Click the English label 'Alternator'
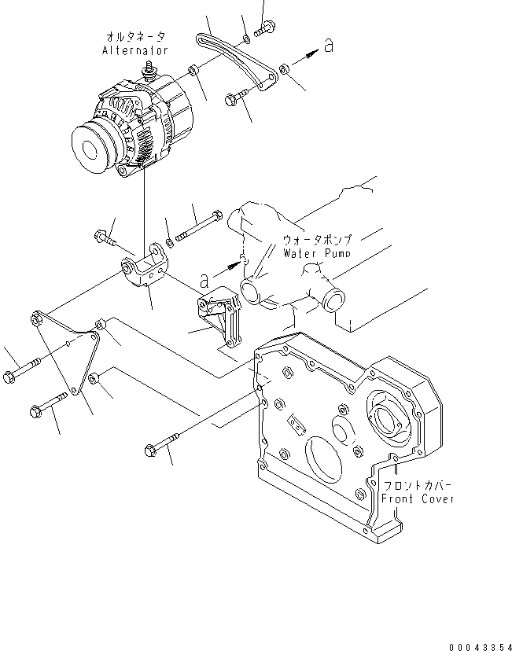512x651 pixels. coord(135,50)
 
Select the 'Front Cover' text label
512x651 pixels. coord(418,498)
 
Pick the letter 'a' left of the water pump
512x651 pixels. coord(204,278)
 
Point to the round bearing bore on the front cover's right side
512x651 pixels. coord(390,417)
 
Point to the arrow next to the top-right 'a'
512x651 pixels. coord(308,54)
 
